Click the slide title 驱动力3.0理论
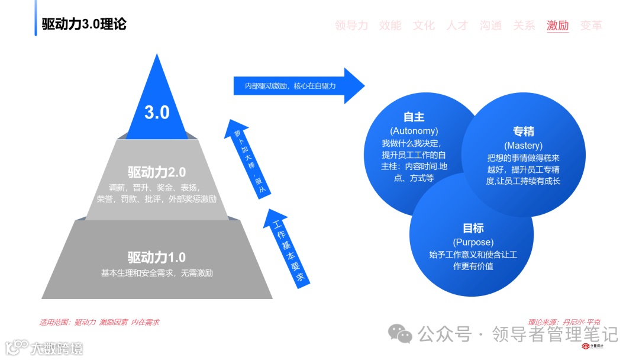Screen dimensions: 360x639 (84, 24)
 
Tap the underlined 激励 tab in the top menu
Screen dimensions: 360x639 (557, 25)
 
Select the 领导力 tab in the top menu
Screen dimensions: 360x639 (351, 25)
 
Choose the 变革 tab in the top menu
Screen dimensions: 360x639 (591, 25)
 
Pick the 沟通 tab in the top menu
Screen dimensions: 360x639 (490, 25)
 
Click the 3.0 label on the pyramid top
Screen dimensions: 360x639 (157, 112)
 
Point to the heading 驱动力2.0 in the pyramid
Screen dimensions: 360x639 (157, 172)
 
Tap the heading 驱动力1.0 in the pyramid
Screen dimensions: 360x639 (157, 258)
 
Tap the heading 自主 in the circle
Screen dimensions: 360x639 (414, 117)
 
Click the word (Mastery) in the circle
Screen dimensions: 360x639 (523, 146)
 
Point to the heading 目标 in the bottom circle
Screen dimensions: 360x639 (473, 229)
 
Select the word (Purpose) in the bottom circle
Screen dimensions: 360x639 (473, 242)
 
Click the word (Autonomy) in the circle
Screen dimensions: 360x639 (414, 131)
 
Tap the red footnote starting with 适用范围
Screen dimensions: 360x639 (99, 322)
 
